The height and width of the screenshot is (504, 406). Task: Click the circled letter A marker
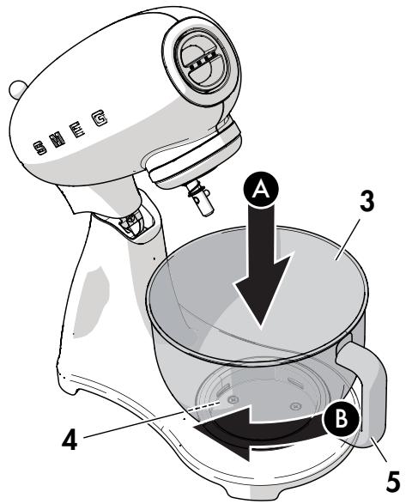tap(261, 190)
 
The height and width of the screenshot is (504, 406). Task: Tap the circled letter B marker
tap(341, 419)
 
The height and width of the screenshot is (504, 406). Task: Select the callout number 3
tap(367, 202)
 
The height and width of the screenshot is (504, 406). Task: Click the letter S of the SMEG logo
tap(40, 148)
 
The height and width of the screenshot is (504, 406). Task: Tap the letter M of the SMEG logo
tap(57, 139)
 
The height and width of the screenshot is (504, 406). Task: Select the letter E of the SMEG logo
tap(77, 130)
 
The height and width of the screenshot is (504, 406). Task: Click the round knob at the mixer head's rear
tap(18, 89)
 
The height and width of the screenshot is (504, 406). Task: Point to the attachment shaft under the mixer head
tap(200, 197)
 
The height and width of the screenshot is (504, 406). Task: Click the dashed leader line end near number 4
tap(219, 402)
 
